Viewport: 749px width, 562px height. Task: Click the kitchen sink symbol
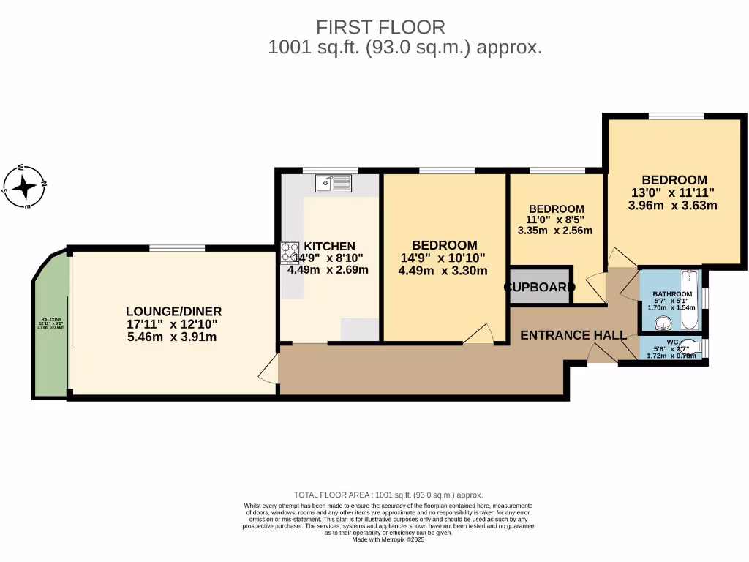pyautogui.click(x=334, y=182)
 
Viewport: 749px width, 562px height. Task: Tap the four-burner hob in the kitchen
pyautogui.click(x=290, y=252)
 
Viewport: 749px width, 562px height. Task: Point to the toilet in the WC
pyautogui.click(x=691, y=348)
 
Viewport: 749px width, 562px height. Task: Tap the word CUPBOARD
pyautogui.click(x=540, y=287)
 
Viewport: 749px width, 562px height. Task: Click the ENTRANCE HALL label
pyautogui.click(x=573, y=335)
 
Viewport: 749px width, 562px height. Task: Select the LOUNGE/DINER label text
pyautogui.click(x=173, y=311)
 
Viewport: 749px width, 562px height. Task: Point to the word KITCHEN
pyautogui.click(x=330, y=247)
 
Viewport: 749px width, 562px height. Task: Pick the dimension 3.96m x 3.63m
pyautogui.click(x=672, y=205)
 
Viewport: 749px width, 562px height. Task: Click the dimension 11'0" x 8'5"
pyautogui.click(x=555, y=220)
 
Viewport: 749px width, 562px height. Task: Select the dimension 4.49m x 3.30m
pyautogui.click(x=443, y=270)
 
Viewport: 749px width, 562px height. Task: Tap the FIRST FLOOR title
pyautogui.click(x=380, y=28)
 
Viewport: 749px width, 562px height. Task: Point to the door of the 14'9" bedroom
pyautogui.click(x=478, y=334)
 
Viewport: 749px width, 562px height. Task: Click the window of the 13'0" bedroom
pyautogui.click(x=676, y=116)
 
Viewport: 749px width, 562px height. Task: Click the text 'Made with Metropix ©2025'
pyautogui.click(x=388, y=539)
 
